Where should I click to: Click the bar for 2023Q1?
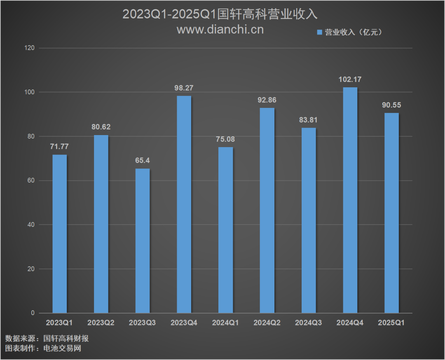pyautogui.click(x=59, y=234)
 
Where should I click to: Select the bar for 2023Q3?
pyautogui.click(x=143, y=241)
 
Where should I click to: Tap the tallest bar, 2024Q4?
pyautogui.click(x=350, y=200)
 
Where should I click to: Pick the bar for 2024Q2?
pyautogui.click(x=267, y=210)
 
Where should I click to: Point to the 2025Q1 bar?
pyautogui.click(x=391, y=213)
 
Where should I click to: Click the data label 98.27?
pyautogui.click(x=184, y=88)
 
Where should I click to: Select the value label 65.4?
pyautogui.click(x=143, y=160)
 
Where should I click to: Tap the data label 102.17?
pyautogui.click(x=350, y=79)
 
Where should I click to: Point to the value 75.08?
pyautogui.click(x=225, y=139)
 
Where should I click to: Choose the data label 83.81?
pyautogui.click(x=308, y=120)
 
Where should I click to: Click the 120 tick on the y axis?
pyautogui.click(x=30, y=48)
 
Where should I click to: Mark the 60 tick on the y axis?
pyautogui.click(x=31, y=180)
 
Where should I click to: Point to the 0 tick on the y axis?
pyautogui.click(x=33, y=313)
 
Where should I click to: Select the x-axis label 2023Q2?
pyautogui.click(x=101, y=323)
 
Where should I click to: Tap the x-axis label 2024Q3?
pyautogui.click(x=309, y=323)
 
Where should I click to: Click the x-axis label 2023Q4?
pyautogui.click(x=184, y=323)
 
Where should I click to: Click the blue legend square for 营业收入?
pyautogui.click(x=319, y=32)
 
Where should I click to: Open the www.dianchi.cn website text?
pyautogui.click(x=220, y=30)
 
